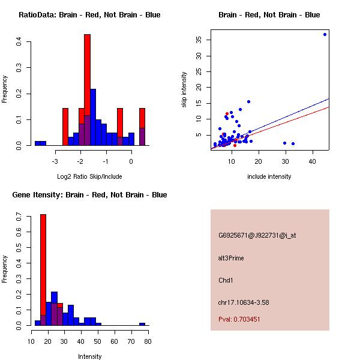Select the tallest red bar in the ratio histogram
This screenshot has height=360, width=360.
click(x=87, y=90)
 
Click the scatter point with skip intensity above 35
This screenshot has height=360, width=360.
click(x=325, y=34)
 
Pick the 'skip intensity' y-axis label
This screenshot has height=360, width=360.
click(x=185, y=90)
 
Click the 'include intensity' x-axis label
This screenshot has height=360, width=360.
click(x=269, y=176)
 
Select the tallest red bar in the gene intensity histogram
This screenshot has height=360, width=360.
click(x=43, y=270)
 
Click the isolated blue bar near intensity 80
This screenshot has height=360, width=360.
click(x=142, y=324)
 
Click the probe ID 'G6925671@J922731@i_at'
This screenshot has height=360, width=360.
click(x=257, y=235)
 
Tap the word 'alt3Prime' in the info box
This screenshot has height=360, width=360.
click(x=231, y=258)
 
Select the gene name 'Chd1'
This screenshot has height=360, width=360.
click(x=226, y=280)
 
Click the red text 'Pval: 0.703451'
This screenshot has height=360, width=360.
click(x=239, y=319)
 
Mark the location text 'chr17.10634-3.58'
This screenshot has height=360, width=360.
click(x=244, y=302)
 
